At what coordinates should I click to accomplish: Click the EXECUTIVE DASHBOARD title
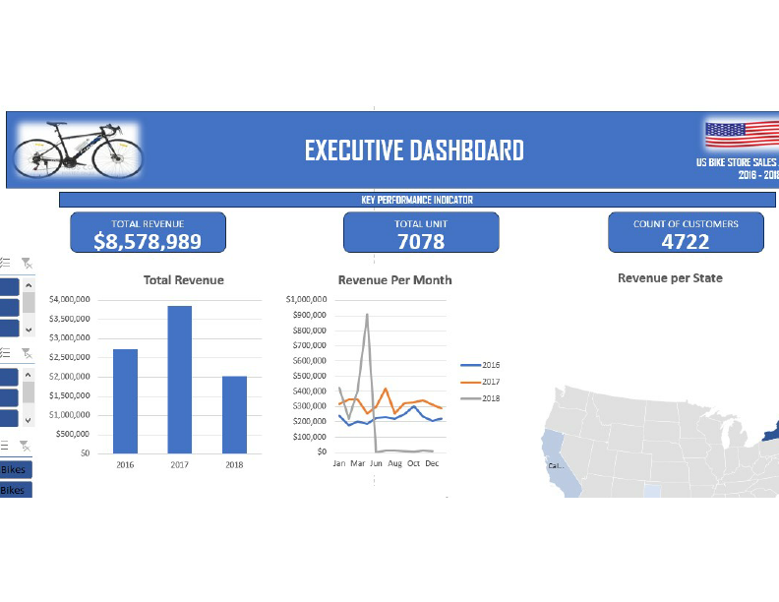[x=414, y=150]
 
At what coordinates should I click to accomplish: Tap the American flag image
[x=739, y=135]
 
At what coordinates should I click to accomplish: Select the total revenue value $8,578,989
[x=148, y=241]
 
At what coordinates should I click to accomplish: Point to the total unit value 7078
[x=421, y=241]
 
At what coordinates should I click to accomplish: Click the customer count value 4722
[x=686, y=241]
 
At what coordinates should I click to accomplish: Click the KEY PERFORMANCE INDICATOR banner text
[x=417, y=200]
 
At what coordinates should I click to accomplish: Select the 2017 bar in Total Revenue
[x=180, y=379]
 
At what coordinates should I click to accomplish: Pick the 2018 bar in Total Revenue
[x=234, y=414]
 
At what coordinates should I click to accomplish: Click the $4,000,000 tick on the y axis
[x=70, y=299]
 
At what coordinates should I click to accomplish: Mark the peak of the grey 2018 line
[x=367, y=315]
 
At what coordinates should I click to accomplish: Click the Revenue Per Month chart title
[x=394, y=280]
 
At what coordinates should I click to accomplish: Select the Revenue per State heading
[x=670, y=278]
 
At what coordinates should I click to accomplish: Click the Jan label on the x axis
[x=339, y=462]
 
